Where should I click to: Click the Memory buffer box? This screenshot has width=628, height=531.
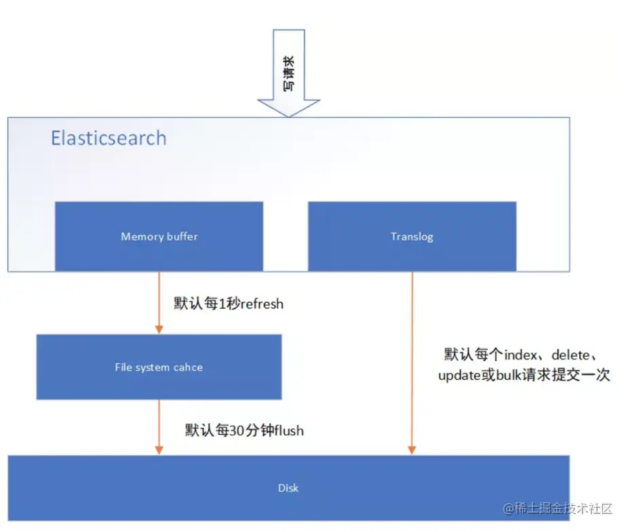(159, 237)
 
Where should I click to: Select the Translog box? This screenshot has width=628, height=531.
(412, 237)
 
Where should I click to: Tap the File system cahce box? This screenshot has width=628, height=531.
(159, 367)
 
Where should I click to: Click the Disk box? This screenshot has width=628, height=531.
(288, 488)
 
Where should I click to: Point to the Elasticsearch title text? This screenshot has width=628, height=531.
(109, 138)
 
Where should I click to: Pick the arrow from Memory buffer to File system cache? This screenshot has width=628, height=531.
(159, 302)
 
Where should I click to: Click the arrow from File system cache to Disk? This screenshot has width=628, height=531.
(159, 426)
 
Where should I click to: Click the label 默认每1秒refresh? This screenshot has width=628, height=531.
(229, 303)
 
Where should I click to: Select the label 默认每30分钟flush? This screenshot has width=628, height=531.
(244, 430)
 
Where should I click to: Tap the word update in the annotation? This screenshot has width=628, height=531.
(462, 376)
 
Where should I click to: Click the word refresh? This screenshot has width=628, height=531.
(259, 303)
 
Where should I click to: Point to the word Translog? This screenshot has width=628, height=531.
(412, 237)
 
